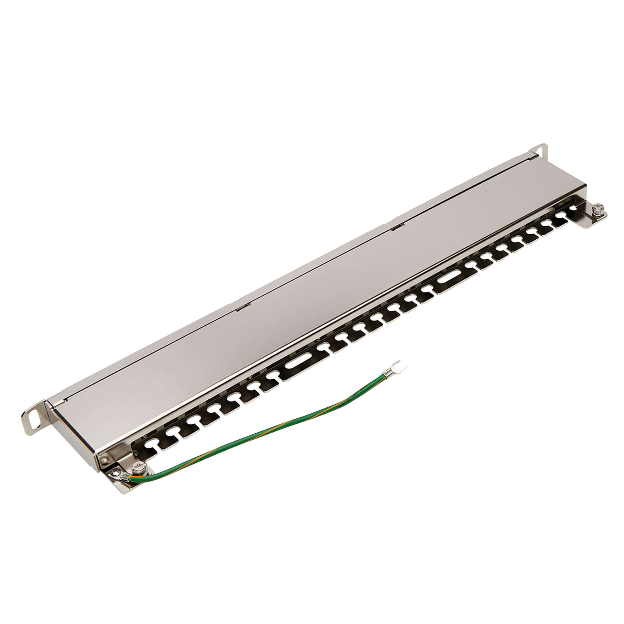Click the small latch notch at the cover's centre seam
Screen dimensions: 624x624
[x=398, y=227]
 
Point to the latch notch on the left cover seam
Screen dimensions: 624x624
[x=243, y=307]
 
